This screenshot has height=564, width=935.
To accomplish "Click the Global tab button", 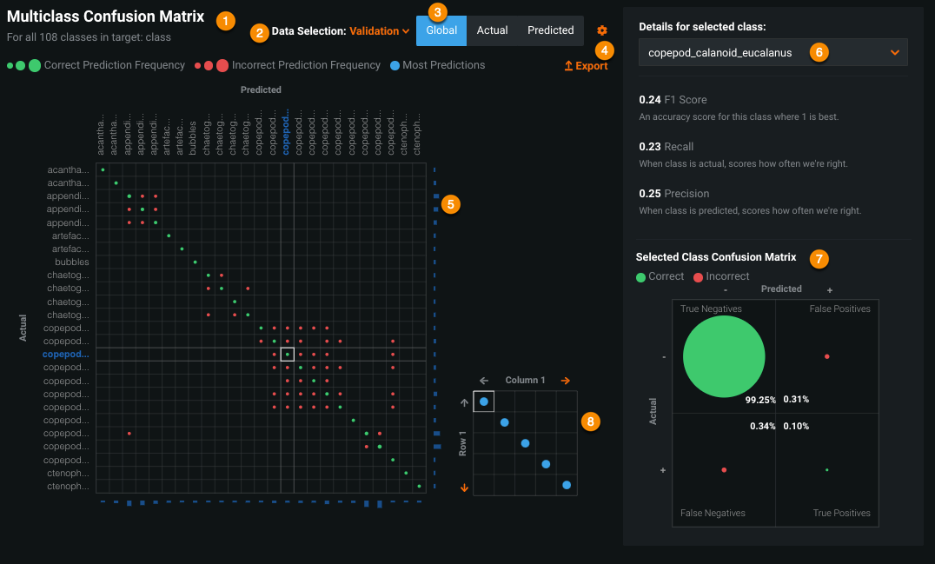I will [441, 30].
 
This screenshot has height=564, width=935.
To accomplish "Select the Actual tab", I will [493, 30].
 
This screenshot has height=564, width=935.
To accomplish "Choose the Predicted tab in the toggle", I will [550, 30].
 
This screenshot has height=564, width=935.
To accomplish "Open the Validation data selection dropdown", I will [379, 31].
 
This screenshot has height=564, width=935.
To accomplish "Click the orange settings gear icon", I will [602, 30].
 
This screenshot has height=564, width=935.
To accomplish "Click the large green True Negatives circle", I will [724, 357].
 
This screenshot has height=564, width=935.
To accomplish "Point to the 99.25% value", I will [759, 400].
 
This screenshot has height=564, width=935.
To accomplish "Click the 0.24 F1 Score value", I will [650, 100].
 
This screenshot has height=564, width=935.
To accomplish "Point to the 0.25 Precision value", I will [650, 194].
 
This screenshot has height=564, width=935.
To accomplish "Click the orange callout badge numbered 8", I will [591, 421].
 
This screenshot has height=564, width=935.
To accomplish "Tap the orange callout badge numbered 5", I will [450, 204].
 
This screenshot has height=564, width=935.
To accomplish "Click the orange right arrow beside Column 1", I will [566, 380].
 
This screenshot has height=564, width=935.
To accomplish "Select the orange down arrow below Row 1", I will [465, 488].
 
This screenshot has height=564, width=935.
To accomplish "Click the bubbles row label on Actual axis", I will [72, 262].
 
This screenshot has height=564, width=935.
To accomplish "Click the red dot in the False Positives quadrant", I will [826, 356].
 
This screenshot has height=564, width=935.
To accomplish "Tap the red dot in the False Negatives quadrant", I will [724, 469].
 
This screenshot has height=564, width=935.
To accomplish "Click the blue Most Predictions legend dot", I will [395, 65].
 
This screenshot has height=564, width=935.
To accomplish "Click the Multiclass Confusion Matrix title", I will [105, 17].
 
